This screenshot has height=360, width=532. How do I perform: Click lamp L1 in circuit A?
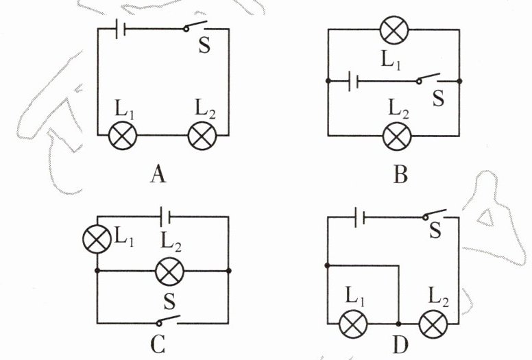[x=123, y=136]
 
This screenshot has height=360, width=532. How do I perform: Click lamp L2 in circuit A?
[x=202, y=136]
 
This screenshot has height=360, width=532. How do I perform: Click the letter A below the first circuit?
[x=158, y=176]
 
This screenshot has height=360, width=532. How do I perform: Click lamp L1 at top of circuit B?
[x=394, y=31]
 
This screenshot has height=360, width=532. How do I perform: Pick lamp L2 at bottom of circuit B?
[x=396, y=134]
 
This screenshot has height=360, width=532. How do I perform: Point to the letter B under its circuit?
[x=400, y=176]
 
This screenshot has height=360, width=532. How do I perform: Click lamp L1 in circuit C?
[x=96, y=239]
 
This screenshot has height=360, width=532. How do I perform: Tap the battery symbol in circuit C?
[x=165, y=217]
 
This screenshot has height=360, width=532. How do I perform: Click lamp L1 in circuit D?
[x=354, y=322]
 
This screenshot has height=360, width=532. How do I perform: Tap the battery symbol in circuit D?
[x=359, y=217]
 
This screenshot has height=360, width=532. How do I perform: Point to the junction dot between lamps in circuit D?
[x=398, y=322]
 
